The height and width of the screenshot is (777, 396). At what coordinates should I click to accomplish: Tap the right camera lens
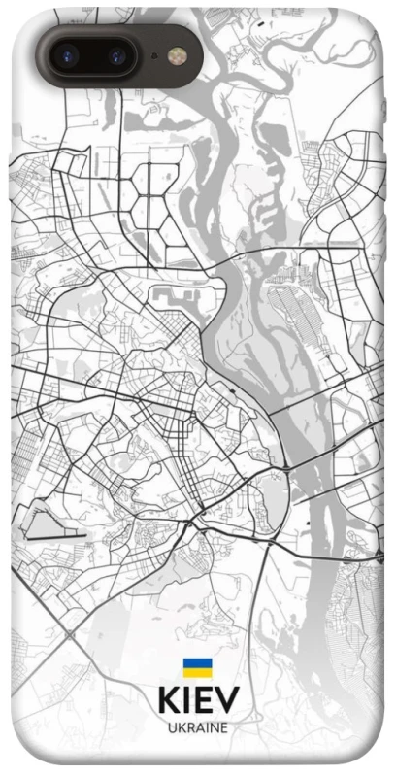[117, 55]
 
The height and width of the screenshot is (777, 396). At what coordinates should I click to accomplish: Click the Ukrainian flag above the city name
[197, 667]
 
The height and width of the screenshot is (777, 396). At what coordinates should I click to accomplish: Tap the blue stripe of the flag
[197, 662]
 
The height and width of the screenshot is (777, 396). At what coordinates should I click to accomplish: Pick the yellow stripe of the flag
[197, 672]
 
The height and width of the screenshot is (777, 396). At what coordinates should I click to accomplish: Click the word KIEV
[197, 700]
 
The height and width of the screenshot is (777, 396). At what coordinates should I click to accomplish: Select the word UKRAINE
[197, 727]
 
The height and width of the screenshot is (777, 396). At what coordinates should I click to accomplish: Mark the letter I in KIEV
[186, 700]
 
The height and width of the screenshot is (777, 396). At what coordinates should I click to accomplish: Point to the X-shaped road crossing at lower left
[71, 636]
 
